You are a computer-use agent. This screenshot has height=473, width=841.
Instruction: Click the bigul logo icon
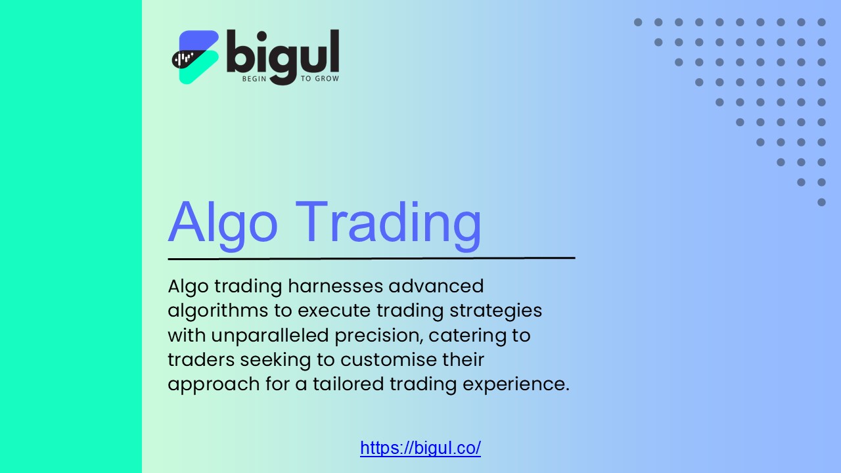click(195, 57)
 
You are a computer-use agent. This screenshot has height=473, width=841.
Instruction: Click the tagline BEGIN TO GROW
click(290, 79)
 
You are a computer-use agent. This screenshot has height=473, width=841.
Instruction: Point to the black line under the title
click(371, 258)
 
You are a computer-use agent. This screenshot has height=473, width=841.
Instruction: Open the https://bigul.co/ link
click(420, 448)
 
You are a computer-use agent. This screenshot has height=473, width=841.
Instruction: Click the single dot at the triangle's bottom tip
click(821, 202)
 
